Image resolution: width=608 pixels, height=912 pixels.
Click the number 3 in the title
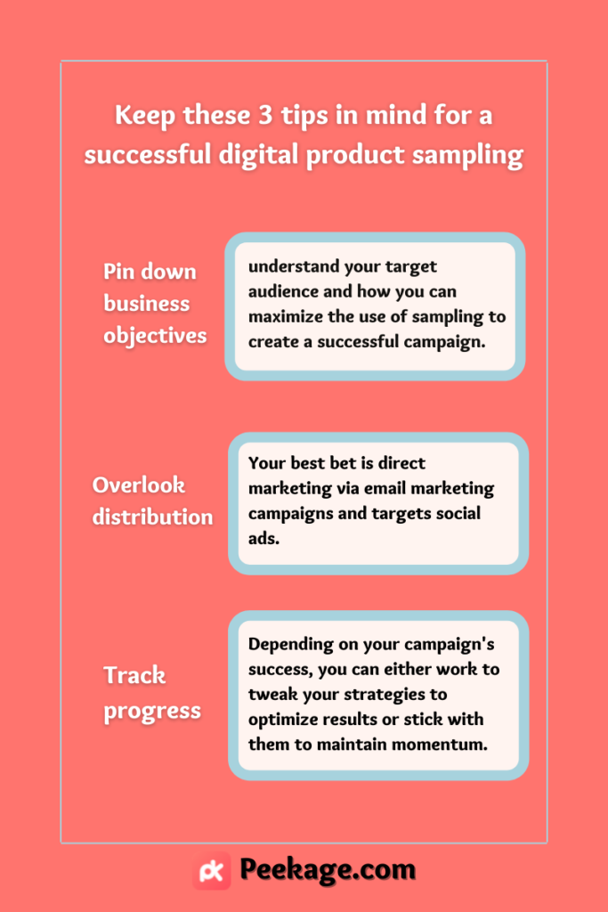[x=265, y=115]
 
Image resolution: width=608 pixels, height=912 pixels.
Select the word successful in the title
[x=148, y=154]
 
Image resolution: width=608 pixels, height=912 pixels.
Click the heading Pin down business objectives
[x=155, y=304]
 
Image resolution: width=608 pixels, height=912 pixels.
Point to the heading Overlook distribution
[x=152, y=501]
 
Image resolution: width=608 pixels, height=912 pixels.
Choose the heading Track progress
[x=151, y=693]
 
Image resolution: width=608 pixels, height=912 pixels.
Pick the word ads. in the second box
[x=263, y=538]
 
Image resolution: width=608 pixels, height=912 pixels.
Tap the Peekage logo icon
[x=212, y=871]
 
